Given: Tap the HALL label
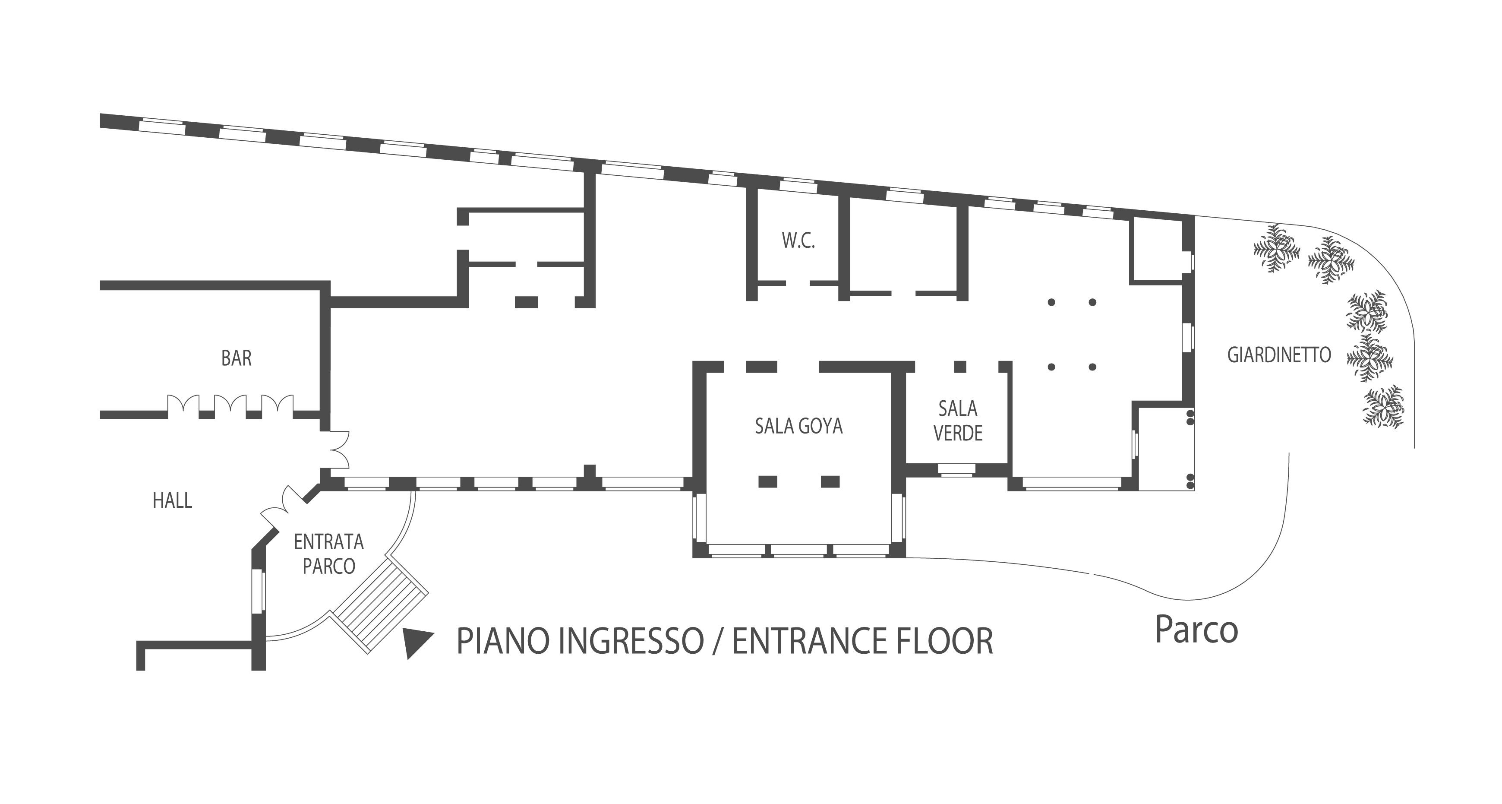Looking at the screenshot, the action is coord(173,500).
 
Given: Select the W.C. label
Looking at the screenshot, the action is coord(798,241).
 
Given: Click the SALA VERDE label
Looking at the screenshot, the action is coord(958,421).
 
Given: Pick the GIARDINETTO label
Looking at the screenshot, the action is coord(1279,355).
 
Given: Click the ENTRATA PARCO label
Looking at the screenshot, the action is coord(329,554).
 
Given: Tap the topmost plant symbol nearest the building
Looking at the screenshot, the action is coord(1277,248).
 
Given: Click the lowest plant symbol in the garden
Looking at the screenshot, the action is coord(1383,407).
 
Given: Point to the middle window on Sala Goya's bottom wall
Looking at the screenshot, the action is coord(799,550).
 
